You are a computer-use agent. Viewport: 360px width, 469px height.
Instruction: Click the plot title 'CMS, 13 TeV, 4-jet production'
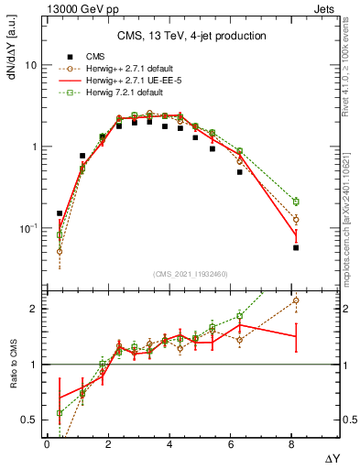coord(191,36)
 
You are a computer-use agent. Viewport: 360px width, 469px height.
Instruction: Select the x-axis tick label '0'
coord(47,444)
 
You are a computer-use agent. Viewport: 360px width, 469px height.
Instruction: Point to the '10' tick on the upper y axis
coord(30,66)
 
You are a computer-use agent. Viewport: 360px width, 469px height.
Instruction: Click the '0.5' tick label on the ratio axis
coord(27,420)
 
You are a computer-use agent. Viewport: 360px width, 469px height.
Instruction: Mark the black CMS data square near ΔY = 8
coord(296,247)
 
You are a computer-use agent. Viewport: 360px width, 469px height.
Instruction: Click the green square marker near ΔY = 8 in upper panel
coord(296,202)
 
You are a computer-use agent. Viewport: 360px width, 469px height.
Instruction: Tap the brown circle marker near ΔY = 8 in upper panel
coord(296,220)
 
